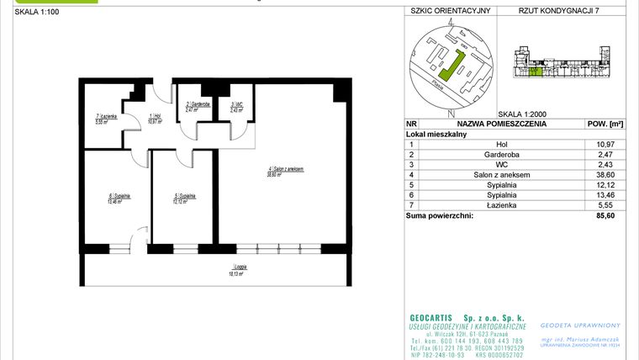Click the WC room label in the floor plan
tap(236, 107)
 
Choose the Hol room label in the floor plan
tap(154, 119)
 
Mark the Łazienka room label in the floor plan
tap(103, 119)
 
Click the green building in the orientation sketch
tap(453, 66)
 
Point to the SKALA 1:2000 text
tap(523, 114)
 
